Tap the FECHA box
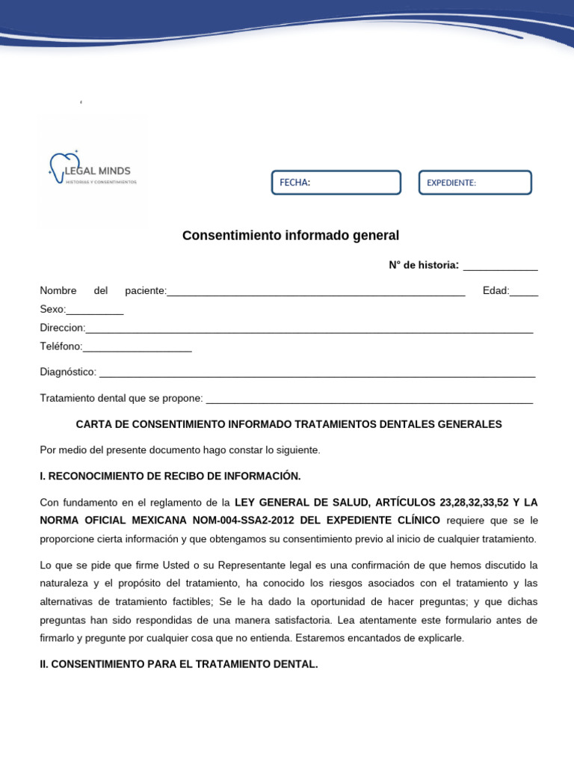click(x=336, y=183)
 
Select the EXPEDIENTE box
click(x=475, y=183)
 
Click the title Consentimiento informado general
click(x=291, y=236)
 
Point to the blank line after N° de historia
click(x=501, y=267)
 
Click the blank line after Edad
click(x=524, y=292)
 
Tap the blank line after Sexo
click(x=95, y=311)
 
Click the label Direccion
click(x=62, y=328)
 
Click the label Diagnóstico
click(x=68, y=372)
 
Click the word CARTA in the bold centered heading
click(x=93, y=424)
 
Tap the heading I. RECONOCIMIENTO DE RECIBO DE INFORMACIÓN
click(x=170, y=476)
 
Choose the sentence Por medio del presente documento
click(x=179, y=450)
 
